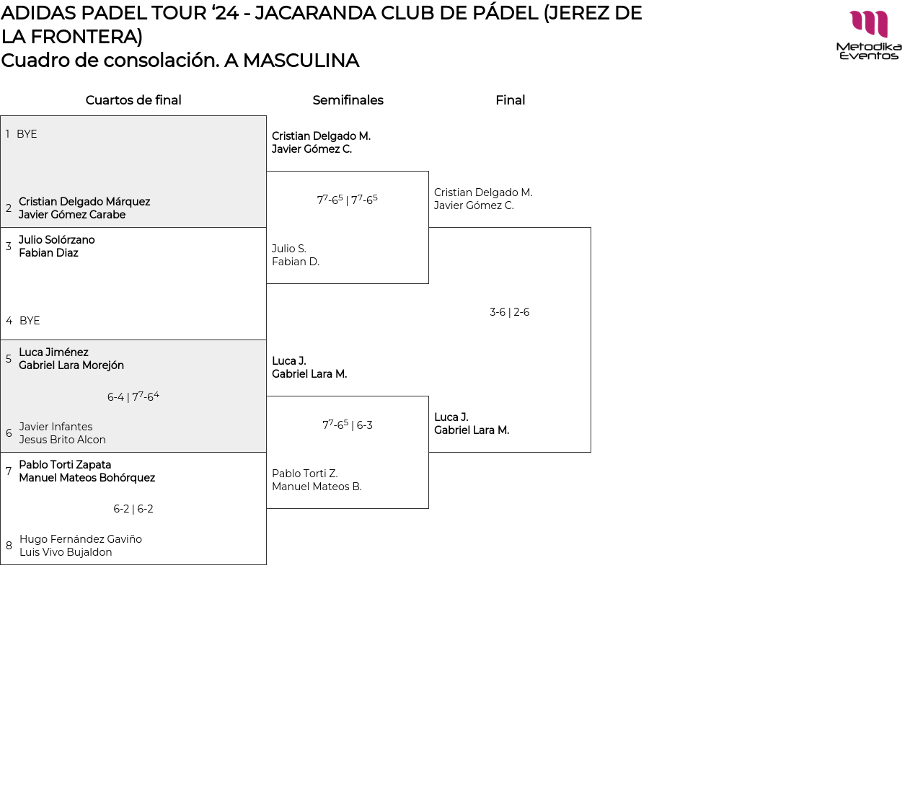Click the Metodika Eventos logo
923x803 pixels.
(868, 35)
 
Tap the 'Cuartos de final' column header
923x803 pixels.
(133, 100)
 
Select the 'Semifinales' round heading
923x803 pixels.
(348, 100)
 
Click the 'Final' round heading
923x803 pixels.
(511, 100)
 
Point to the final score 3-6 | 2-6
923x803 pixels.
(509, 312)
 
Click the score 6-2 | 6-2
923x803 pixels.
(133, 509)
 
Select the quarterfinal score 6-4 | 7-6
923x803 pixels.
(133, 396)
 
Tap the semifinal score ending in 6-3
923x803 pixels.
(348, 425)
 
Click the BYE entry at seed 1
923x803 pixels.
(27, 134)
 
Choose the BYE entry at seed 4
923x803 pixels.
(30, 321)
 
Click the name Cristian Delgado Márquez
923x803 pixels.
(84, 202)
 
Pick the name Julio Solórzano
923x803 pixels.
(57, 240)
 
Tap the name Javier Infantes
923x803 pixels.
(56, 427)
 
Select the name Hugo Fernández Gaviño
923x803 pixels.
(81, 539)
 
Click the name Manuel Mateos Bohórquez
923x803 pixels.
(87, 478)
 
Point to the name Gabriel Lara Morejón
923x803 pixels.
(71, 365)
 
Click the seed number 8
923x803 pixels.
(9, 546)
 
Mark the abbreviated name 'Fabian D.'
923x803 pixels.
(296, 262)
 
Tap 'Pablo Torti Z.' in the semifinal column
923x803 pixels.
(304, 474)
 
